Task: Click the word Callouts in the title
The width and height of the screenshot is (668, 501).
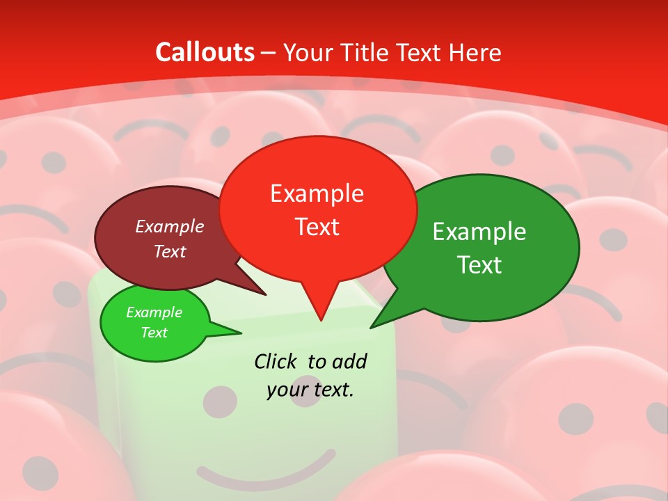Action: (205, 52)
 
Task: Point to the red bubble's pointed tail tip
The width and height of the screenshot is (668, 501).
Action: (321, 319)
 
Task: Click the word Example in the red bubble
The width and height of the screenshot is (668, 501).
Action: (317, 193)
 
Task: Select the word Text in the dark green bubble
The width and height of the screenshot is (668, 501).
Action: (479, 265)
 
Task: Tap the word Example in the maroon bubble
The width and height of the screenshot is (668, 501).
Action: (169, 226)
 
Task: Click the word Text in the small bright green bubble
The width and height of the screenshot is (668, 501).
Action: (154, 333)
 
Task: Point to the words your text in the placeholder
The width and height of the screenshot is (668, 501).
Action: (310, 390)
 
